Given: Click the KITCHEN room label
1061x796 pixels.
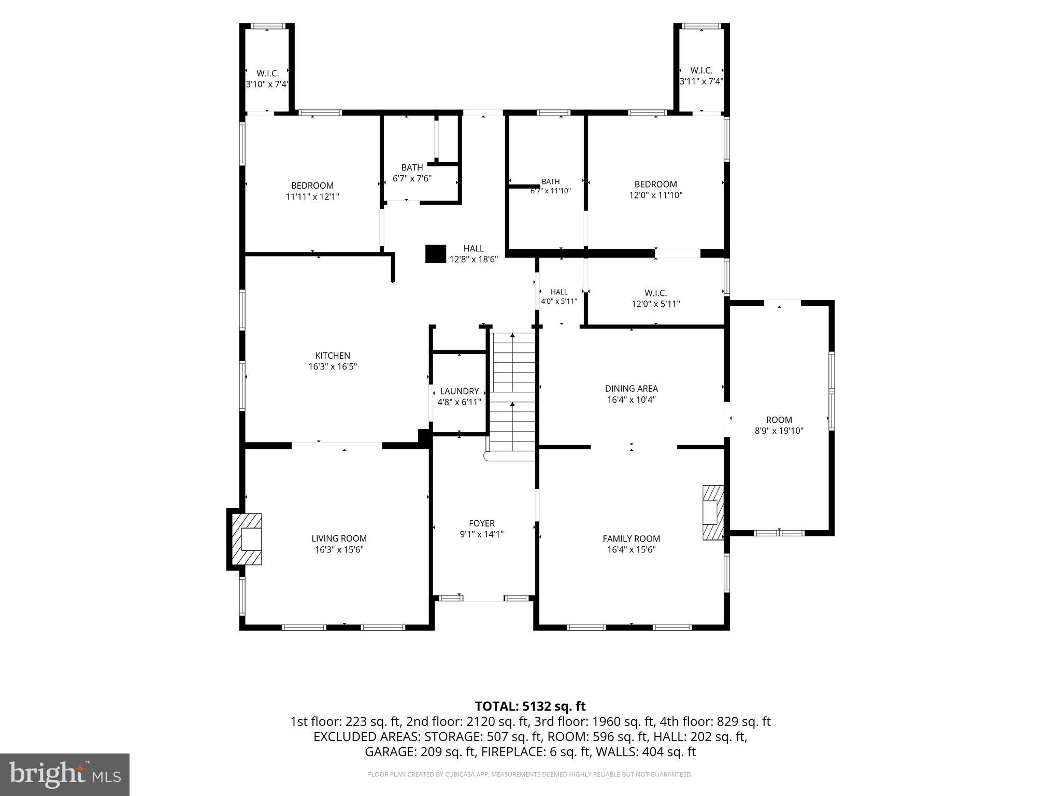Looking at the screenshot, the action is click(333, 356).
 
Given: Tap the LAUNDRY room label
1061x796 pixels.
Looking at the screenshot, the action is click(460, 391).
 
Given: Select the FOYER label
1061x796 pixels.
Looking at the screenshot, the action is click(482, 523).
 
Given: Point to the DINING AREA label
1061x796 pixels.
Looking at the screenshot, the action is click(632, 388).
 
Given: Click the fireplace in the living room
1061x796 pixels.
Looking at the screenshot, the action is click(246, 539).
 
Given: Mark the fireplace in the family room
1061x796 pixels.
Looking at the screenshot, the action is click(713, 513).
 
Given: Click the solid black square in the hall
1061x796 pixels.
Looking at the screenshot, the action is click(436, 254).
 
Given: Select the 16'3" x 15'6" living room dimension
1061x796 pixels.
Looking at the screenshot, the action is click(339, 550).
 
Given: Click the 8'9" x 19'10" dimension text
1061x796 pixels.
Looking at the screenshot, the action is click(779, 431).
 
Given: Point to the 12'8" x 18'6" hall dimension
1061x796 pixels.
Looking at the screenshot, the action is click(474, 260).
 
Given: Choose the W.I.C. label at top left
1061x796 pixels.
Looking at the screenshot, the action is click(268, 74).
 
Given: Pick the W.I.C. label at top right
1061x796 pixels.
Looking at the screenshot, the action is click(701, 70).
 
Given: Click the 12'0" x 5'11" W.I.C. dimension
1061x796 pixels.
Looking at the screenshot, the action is click(656, 304).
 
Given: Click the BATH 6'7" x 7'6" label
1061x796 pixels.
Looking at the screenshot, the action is click(412, 173).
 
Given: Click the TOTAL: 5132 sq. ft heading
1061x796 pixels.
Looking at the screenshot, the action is click(530, 706).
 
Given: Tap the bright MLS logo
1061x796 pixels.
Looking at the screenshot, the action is click(65, 774).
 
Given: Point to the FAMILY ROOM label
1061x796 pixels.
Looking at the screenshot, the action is click(632, 538).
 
